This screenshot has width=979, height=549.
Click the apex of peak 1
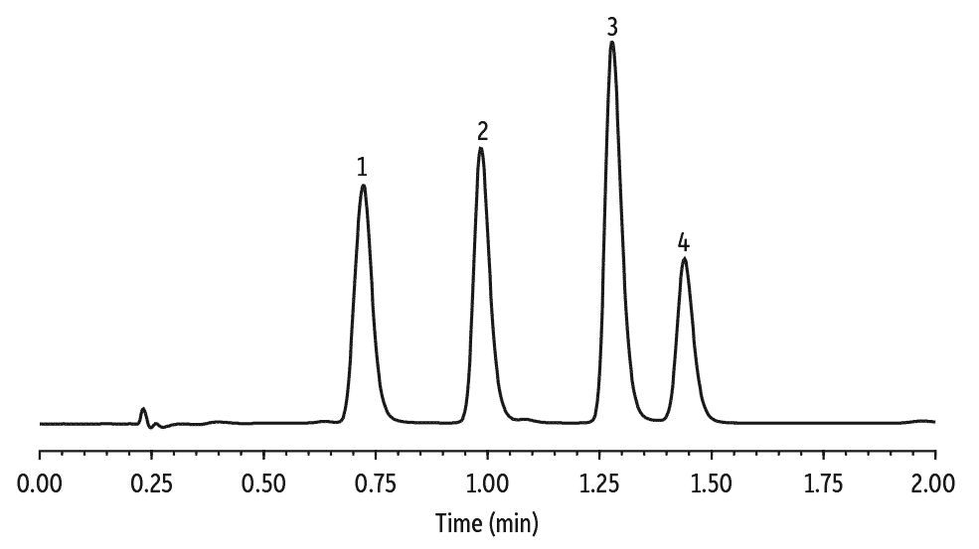coord(363,186)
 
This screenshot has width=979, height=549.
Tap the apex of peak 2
coord(481,149)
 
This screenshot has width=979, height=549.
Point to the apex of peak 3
coord(612,43)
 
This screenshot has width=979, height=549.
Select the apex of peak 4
coord(684,259)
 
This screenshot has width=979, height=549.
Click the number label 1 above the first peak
coord(363,166)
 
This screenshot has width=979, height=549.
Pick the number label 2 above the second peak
coord(482,130)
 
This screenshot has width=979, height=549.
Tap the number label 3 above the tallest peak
coord(612,25)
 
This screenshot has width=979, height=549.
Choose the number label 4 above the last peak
coord(684,241)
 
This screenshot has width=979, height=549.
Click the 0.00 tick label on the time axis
coord(40,483)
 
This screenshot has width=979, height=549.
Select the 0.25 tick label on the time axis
coord(151,483)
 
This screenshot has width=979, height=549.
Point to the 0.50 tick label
coord(263,483)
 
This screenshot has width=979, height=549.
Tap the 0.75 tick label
coord(376,483)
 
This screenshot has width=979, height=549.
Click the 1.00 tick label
coord(487,483)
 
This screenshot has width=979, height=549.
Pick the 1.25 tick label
coord(599,483)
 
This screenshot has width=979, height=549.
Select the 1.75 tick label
coord(823,483)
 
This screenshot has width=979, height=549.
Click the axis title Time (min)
coord(487,521)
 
